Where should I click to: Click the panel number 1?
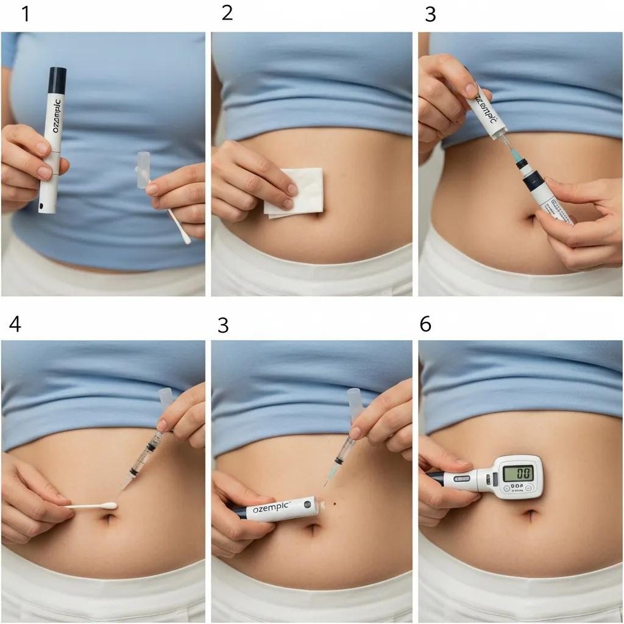[x=26, y=14]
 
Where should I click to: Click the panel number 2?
[x=227, y=13]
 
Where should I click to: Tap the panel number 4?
[x=15, y=324]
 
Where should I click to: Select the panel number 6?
[x=425, y=324]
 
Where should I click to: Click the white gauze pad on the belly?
[x=295, y=191]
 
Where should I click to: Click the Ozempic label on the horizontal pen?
[x=271, y=508]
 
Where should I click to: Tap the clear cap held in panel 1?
[x=144, y=169]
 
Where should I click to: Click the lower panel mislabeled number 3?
[x=223, y=325]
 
